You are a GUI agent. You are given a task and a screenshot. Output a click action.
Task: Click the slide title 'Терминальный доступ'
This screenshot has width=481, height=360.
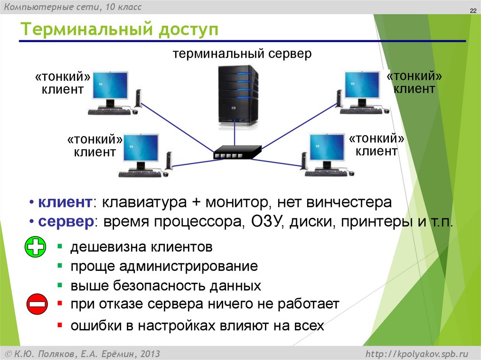[x=119, y=31]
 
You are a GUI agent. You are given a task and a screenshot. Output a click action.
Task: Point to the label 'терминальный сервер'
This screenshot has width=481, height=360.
[x=242, y=54]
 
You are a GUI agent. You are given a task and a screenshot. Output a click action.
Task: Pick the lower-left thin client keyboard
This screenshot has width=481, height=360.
[x=140, y=174]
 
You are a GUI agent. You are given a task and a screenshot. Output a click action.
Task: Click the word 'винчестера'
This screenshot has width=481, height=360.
[x=349, y=203]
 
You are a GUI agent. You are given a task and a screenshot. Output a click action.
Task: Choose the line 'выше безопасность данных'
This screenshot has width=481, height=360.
[x=165, y=285]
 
